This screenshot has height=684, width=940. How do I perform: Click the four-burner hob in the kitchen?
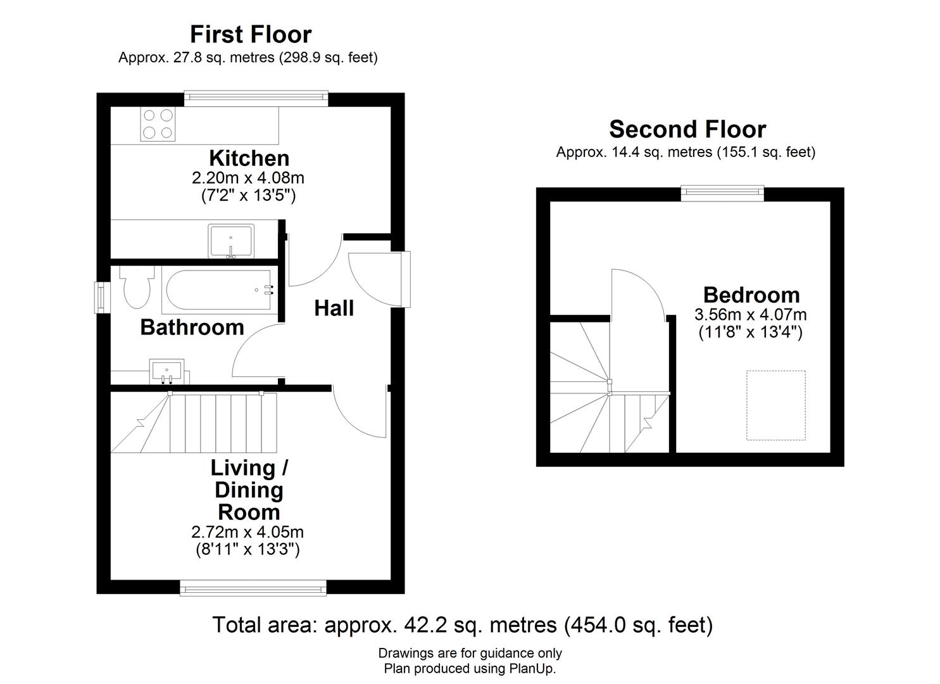(158, 124)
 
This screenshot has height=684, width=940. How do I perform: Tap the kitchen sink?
(231, 241)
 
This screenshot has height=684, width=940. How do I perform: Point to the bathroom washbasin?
(167, 371)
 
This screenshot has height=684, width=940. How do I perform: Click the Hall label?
(334, 308)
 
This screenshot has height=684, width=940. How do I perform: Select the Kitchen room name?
(249, 158)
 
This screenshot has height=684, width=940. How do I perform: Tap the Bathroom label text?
(192, 327)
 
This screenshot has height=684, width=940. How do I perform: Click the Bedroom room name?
(751, 294)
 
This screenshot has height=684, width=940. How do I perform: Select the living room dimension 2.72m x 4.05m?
(247, 532)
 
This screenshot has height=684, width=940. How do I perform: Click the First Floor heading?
(251, 34)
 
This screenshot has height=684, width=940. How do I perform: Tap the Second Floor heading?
(687, 129)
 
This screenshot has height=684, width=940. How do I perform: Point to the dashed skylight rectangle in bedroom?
(775, 405)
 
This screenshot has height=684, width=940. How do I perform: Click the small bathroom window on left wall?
(100, 297)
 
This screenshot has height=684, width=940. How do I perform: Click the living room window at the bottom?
(253, 588)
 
